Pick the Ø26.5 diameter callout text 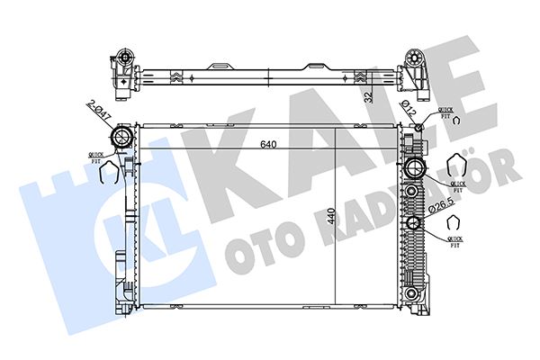click(442, 207)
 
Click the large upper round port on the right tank click(415, 168)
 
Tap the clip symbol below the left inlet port click(104, 175)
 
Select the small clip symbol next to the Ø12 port click(456, 121)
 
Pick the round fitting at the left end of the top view click(121, 64)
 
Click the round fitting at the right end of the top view click(417, 64)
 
